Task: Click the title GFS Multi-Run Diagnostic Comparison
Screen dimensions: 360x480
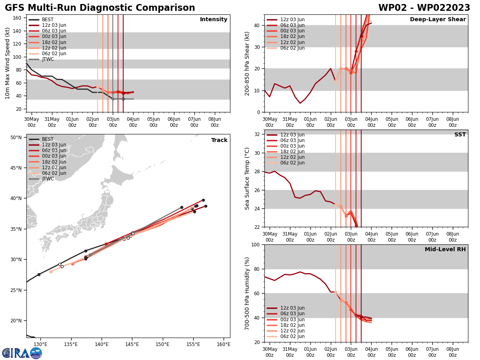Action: [100, 8]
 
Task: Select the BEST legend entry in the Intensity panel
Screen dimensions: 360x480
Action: [48, 20]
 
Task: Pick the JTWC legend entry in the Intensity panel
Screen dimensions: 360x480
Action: [48, 59]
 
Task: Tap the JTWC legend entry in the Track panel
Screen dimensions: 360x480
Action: [48, 179]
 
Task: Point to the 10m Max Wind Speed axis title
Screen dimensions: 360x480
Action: [8, 63]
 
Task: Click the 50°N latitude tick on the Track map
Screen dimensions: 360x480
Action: [16, 137]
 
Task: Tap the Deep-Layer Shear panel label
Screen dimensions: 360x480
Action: [438, 20]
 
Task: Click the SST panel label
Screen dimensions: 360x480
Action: [460, 135]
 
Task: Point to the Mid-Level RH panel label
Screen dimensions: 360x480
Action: [445, 250]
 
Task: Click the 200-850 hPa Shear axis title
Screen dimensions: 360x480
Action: [247, 63]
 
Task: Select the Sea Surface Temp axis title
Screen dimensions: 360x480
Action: [247, 178]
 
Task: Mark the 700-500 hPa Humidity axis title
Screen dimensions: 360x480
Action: [247, 293]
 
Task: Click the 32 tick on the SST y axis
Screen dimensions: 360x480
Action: [258, 134]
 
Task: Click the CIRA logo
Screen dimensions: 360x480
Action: [22, 353]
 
